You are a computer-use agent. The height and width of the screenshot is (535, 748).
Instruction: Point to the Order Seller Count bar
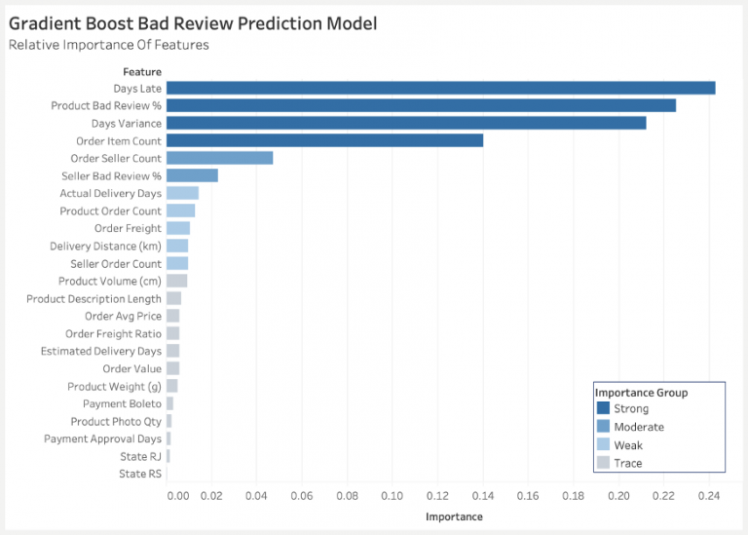219,158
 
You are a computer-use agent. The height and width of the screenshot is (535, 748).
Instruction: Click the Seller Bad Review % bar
192,175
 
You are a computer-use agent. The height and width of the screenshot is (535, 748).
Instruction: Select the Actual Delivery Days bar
182,193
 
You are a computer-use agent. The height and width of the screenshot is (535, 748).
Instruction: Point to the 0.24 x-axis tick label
709,496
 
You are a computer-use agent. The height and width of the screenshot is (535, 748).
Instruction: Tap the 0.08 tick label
347,496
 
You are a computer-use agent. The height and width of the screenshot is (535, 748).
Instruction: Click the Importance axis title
454,516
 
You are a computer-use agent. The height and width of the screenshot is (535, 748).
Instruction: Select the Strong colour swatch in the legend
603,409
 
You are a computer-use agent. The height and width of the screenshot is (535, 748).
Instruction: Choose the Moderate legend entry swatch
603,427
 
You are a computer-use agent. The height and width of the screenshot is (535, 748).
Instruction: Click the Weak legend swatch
603,445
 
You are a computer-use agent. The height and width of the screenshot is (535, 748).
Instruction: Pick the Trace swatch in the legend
603,464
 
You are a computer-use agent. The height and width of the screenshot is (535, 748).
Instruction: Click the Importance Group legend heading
641,393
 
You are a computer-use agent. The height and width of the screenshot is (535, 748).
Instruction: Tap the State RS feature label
141,475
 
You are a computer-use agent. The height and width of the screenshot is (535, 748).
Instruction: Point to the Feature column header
142,71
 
